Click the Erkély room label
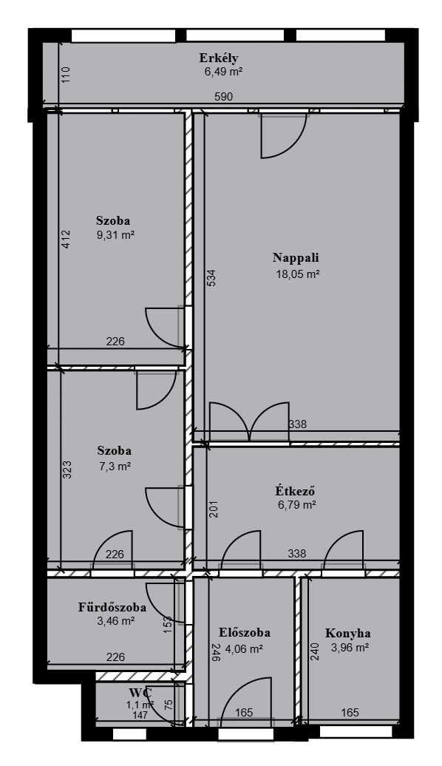218,58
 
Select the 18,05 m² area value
298,274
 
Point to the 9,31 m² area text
116,234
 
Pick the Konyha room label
347,633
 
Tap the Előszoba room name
245,633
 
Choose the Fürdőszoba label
112,607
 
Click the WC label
140,693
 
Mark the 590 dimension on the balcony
224,97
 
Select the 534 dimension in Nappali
211,277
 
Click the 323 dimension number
67,470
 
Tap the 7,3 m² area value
115,466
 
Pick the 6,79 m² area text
297,505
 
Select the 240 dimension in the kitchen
315,651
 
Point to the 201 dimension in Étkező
213,509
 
